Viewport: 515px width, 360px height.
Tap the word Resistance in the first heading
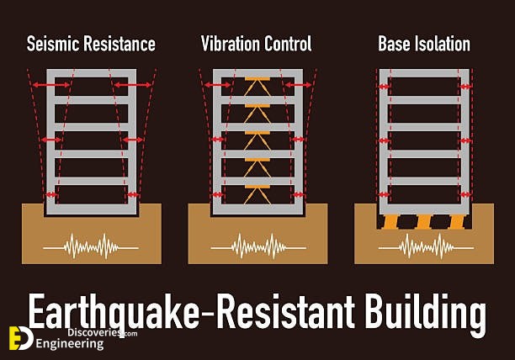coord(119,44)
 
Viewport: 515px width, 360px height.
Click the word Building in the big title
coord(426,314)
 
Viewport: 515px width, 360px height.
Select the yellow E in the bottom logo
coord(15,338)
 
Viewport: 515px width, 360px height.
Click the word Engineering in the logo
coord(70,344)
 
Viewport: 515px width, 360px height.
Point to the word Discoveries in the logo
coord(94,332)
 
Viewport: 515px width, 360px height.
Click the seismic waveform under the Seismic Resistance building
coord(91,246)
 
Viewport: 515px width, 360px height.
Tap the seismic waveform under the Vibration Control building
coord(258,246)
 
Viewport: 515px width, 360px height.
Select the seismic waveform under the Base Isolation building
coord(426,246)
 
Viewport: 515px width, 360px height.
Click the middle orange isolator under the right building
coord(424,222)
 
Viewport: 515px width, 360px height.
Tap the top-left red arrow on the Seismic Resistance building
coord(50,85)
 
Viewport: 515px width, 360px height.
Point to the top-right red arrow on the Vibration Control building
coord(298,85)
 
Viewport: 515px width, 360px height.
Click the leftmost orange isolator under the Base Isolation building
coord(390,222)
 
